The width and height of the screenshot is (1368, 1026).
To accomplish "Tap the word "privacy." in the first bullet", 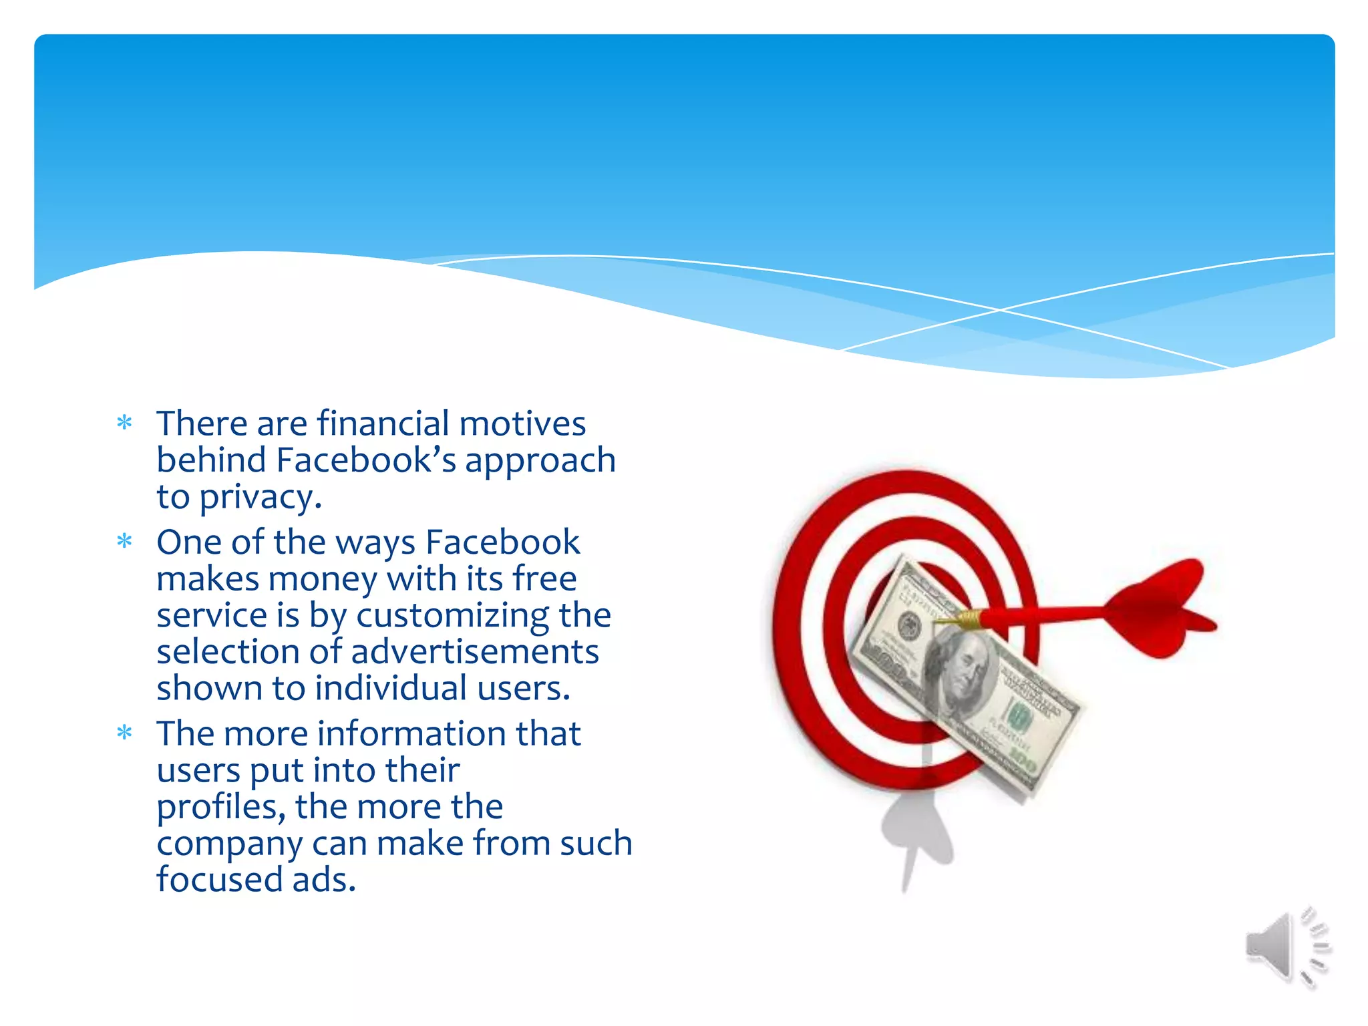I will (x=261, y=498).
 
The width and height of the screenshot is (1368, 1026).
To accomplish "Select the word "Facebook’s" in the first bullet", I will (x=366, y=460).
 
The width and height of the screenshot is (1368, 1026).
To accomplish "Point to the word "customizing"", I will (x=452, y=615).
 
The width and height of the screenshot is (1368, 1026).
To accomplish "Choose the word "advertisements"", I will (x=474, y=652).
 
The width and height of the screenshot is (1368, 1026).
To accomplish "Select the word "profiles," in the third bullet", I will (x=221, y=807).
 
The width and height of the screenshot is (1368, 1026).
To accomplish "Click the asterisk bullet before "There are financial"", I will (x=124, y=423).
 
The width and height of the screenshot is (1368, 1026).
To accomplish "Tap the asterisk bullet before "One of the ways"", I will (x=124, y=541).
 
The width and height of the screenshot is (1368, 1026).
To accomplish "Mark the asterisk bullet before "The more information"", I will (x=124, y=733).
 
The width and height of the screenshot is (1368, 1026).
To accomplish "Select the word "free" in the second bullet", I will (x=544, y=579).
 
